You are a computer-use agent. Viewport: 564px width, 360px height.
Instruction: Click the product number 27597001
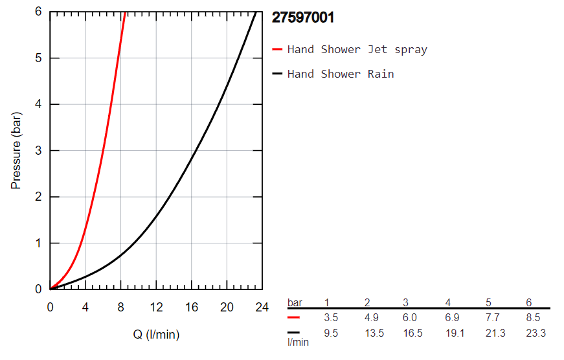pos(303,17)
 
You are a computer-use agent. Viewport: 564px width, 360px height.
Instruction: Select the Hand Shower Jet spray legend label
pos(357,49)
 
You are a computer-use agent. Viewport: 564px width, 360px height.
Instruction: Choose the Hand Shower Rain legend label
pos(341,74)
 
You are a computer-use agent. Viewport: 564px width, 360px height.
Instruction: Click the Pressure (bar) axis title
pos(16,150)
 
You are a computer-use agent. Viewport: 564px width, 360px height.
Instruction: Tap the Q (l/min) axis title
pos(155,335)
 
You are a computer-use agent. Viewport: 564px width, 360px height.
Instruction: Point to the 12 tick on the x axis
pos(156,307)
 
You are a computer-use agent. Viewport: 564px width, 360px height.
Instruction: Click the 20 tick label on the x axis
pos(227,307)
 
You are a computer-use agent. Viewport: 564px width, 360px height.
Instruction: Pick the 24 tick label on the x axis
pos(262,307)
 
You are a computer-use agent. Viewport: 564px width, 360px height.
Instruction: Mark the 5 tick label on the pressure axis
pos(38,58)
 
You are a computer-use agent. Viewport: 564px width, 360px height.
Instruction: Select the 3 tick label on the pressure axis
pos(38,150)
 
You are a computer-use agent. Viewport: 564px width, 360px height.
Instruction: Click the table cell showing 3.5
pos(330,319)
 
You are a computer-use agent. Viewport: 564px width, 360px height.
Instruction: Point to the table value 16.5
pos(409,333)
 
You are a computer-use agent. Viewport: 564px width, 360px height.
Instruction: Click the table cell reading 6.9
pos(451,319)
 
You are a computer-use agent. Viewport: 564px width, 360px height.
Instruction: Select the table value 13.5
pos(370,333)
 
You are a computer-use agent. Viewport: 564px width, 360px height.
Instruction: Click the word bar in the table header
pos(295,302)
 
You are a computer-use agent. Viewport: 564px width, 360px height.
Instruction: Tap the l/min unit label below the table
pos(298,342)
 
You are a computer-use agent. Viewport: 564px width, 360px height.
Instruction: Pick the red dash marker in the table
pos(293,318)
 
